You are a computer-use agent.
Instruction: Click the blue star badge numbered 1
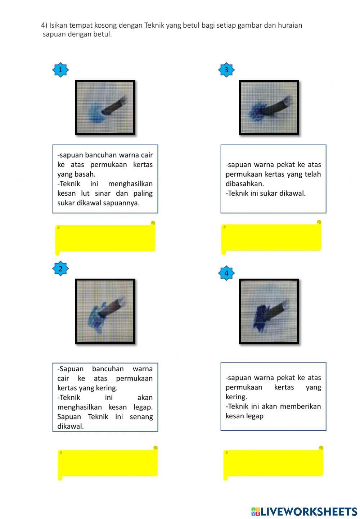(x=60, y=70)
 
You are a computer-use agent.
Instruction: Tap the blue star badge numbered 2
(x=60, y=268)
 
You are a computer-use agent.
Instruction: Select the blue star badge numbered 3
(x=226, y=70)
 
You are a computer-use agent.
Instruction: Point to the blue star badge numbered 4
(x=226, y=273)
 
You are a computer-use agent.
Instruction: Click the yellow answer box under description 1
(x=105, y=238)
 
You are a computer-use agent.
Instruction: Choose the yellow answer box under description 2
(x=108, y=463)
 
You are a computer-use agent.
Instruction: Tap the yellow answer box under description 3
(x=271, y=237)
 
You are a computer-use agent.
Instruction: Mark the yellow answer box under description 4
(x=273, y=463)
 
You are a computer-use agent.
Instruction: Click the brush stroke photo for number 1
(x=105, y=108)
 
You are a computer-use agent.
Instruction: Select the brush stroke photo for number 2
(x=105, y=311)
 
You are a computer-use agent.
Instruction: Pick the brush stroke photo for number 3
(x=269, y=108)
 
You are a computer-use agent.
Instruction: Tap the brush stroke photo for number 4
(x=269, y=311)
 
